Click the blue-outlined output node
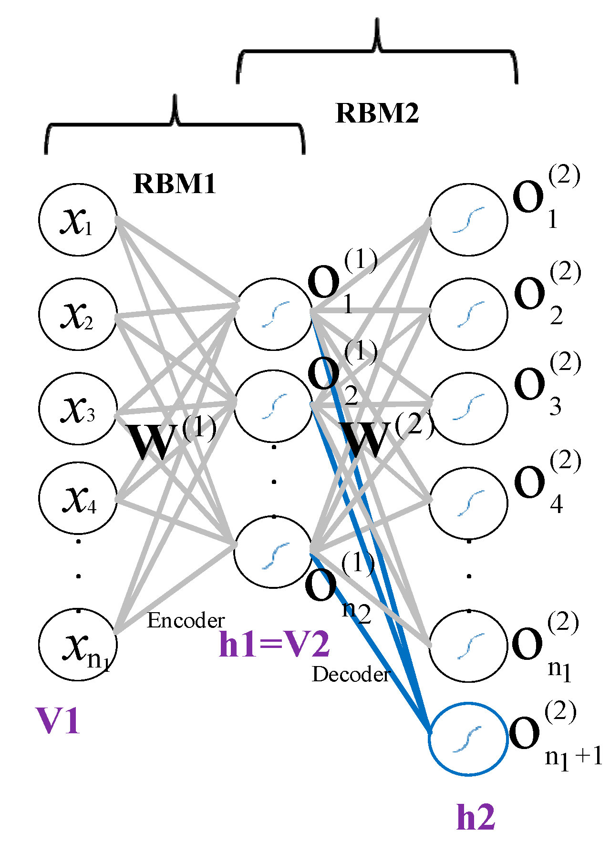coord(468,739)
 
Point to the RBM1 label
coord(175,184)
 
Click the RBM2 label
coord(377,113)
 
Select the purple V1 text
coord(58,720)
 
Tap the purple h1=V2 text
coord(274,645)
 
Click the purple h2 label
coord(476,817)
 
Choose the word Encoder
coord(186,620)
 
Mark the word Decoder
coord(351,674)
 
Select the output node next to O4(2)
coord(468,503)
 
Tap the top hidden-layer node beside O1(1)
coord(273,314)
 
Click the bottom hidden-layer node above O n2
coord(273,553)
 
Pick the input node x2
coord(78,314)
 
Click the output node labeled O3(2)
coord(468,408)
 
